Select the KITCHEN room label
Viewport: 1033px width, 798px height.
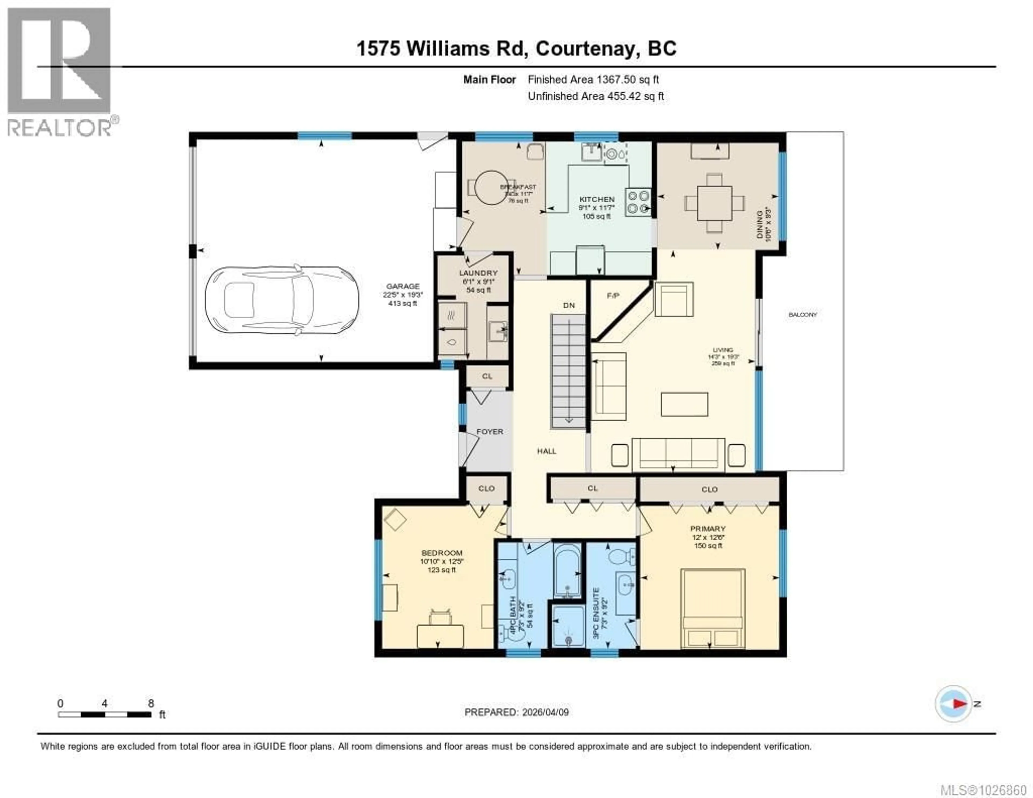pyautogui.click(x=597, y=200)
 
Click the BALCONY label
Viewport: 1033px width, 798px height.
pyautogui.click(x=803, y=315)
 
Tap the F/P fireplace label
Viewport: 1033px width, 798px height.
pyautogui.click(x=613, y=296)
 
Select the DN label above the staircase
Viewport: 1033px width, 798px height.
pyautogui.click(x=569, y=306)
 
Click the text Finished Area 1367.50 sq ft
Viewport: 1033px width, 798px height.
pyautogui.click(x=593, y=80)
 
